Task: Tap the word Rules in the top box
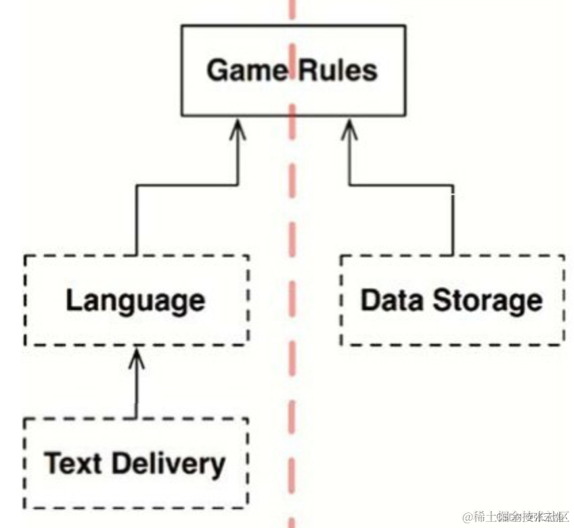point(337,70)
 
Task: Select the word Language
point(135,300)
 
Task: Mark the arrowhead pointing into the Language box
point(137,356)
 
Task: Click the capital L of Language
point(72,300)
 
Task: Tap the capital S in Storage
point(441,300)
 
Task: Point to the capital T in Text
point(53,464)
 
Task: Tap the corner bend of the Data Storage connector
point(453,183)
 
